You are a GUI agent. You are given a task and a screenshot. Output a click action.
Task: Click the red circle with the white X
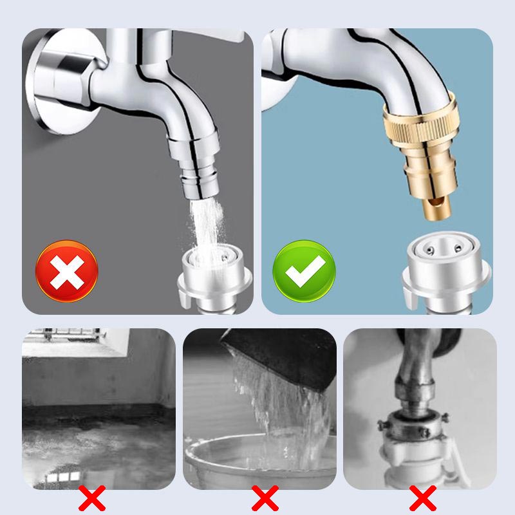click(66, 271)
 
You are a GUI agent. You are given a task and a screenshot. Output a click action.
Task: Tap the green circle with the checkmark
click(304, 270)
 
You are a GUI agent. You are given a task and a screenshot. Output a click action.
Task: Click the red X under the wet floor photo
click(92, 498)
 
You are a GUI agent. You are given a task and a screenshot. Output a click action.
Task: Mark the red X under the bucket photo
click(264, 498)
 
